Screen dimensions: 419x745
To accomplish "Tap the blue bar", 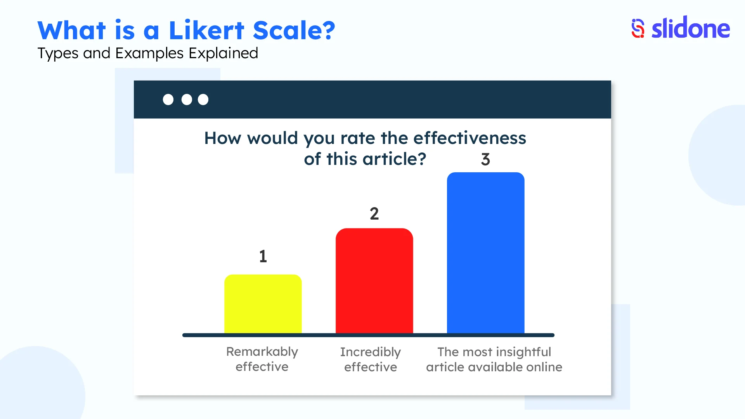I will coord(485,253).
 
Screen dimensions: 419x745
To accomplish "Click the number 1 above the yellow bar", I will coord(263,256).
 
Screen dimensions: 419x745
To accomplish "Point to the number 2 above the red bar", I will coord(374,214).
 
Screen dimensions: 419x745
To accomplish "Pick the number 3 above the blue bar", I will coord(485,159).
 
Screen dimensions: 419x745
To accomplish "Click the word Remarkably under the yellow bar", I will coord(262,351).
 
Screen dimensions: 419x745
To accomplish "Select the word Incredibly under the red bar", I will coord(370,352).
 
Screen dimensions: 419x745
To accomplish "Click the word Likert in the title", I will coord(206,30).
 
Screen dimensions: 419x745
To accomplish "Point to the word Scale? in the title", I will coord(294,30).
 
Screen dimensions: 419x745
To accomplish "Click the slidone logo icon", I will coord(638,28).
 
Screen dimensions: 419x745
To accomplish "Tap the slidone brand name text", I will coord(691,28).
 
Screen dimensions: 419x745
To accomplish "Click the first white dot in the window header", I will coord(168,100).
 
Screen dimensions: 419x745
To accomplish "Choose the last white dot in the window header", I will coord(203,100).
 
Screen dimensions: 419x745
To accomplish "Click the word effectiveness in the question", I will coord(470,138).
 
